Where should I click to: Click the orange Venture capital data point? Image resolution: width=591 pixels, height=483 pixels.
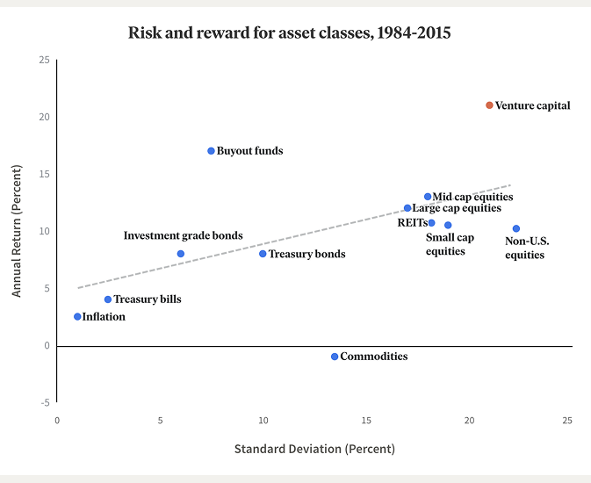[x=490, y=105]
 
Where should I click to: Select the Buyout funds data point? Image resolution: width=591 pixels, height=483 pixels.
[x=211, y=151]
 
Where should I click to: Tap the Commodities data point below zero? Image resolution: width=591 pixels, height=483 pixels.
[x=335, y=357]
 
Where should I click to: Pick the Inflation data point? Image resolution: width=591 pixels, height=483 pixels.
[x=77, y=317]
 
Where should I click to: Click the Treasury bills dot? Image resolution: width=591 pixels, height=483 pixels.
[x=108, y=299]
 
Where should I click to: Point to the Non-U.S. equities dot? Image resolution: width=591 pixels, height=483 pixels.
[x=516, y=229]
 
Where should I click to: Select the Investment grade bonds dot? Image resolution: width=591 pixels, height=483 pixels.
[x=181, y=254]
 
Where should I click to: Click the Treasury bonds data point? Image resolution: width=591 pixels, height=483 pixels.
[x=263, y=254]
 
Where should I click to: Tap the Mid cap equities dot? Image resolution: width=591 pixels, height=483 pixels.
[x=428, y=197]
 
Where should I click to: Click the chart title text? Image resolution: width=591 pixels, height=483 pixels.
[x=290, y=34]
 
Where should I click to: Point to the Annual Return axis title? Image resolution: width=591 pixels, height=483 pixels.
[x=17, y=227]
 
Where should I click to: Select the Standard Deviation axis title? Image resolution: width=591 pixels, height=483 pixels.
[x=314, y=449]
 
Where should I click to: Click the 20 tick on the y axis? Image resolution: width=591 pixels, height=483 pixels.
[x=44, y=117]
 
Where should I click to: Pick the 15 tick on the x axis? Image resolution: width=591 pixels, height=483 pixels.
[x=366, y=421]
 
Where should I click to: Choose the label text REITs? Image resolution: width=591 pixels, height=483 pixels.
[x=412, y=223]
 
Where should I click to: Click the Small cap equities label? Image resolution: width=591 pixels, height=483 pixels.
[x=450, y=244]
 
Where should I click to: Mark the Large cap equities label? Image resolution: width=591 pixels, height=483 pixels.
[x=457, y=208]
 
